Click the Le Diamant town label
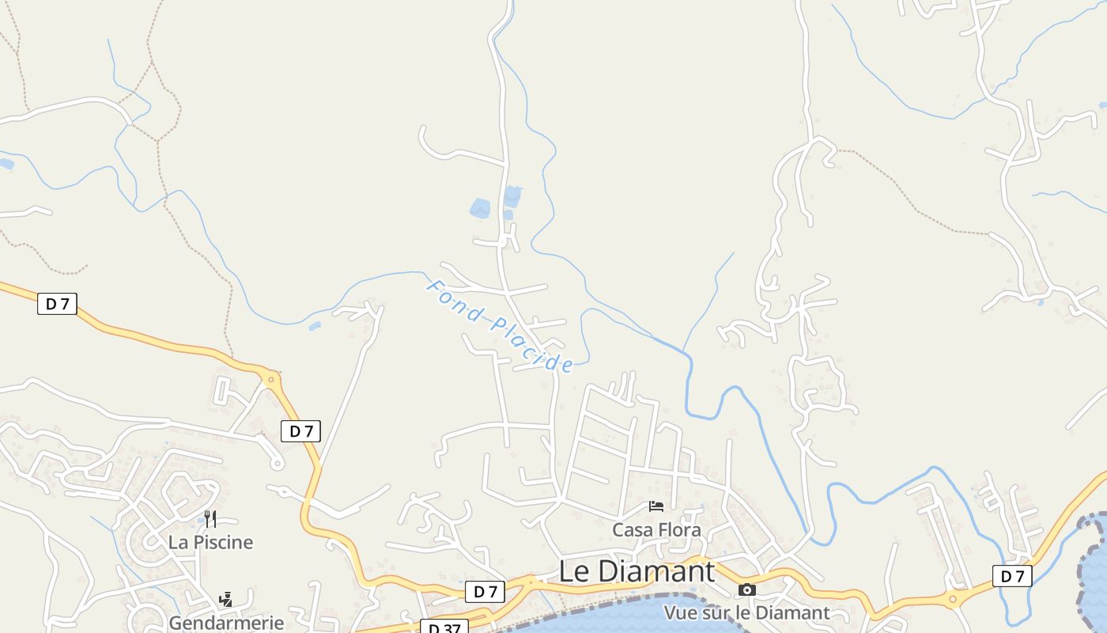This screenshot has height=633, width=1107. (637, 571)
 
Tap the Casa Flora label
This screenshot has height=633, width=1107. (656, 529)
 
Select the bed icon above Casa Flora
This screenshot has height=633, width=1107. (656, 506)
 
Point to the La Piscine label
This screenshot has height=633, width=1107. (210, 542)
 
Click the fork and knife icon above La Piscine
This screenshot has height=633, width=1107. (210, 519)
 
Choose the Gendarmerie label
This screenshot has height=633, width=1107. (226, 622)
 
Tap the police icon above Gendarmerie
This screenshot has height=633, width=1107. (226, 600)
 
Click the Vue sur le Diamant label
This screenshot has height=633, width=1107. (746, 612)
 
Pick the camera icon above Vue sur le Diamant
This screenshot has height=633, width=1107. (746, 589)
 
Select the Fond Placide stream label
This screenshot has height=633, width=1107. (500, 324)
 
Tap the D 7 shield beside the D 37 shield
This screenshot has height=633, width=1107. (485, 591)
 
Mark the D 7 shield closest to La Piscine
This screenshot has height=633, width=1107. (300, 431)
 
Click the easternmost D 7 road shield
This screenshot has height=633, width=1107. (1012, 576)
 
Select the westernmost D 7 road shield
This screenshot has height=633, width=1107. (57, 303)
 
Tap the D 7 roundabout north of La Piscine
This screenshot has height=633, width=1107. (271, 380)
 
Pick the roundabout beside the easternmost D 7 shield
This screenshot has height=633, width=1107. (953, 599)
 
